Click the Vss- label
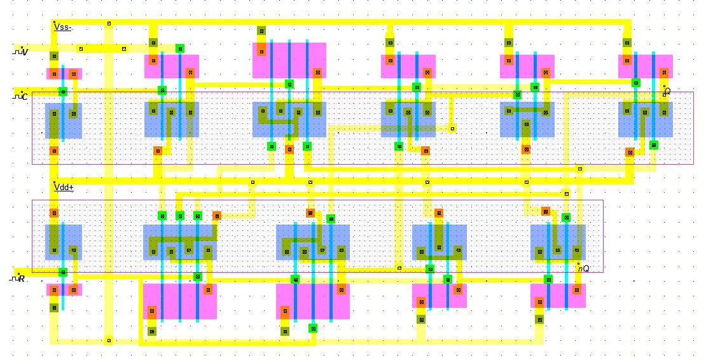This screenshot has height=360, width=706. coord(63,27)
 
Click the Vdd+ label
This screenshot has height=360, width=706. coord(64,188)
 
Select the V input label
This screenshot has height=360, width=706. coord(25,52)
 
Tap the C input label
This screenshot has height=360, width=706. coord(24,97)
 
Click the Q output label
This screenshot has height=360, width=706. coord(667,91)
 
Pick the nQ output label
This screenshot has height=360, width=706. coord(583,268)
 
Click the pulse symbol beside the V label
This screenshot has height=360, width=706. coord(16,51)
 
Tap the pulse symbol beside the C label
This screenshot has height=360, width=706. coord(16,96)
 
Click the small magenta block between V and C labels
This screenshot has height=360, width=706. coord(64,74)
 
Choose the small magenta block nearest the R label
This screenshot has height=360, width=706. coord(64,289)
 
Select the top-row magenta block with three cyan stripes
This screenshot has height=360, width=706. coord(289,60)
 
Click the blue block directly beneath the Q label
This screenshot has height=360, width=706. coord(645,120)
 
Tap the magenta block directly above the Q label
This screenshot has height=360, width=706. coord(645,66)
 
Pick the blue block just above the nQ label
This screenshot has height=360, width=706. coord(558,242)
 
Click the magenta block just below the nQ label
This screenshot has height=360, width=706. coord(558,296)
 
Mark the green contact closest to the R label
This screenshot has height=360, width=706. coord(63,272)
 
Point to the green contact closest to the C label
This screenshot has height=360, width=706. coord(63,92)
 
